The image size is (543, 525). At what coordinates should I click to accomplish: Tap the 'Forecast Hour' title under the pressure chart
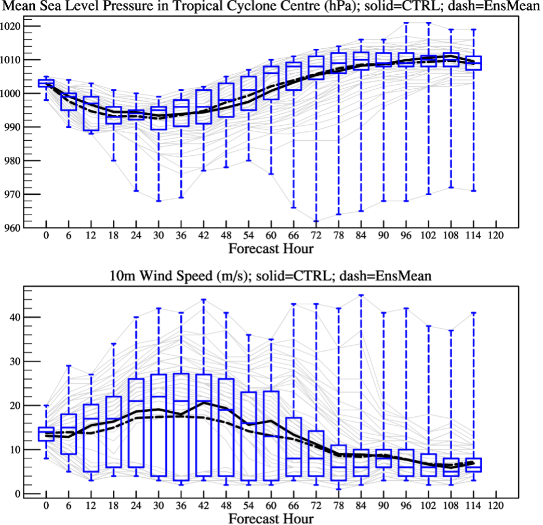pyautogui.click(x=271, y=248)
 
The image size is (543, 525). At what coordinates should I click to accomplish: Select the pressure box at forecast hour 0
pyautogui.click(x=46, y=83)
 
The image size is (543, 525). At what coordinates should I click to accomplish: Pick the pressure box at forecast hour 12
pyautogui.click(x=91, y=113)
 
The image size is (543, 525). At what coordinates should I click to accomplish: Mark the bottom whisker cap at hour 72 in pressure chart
pyautogui.click(x=315, y=221)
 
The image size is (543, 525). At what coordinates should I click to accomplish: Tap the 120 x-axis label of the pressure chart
pyautogui.click(x=496, y=235)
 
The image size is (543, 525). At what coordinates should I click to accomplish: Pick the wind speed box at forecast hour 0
pyautogui.click(x=46, y=434)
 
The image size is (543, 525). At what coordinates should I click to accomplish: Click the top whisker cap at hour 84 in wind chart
pyautogui.click(x=361, y=295)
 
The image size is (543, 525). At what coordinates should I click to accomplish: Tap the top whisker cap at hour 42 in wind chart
pyautogui.click(x=203, y=300)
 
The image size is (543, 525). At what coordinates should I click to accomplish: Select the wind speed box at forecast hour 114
pyautogui.click(x=473, y=465)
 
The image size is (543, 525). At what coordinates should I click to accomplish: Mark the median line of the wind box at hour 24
pyautogui.click(x=136, y=401)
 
